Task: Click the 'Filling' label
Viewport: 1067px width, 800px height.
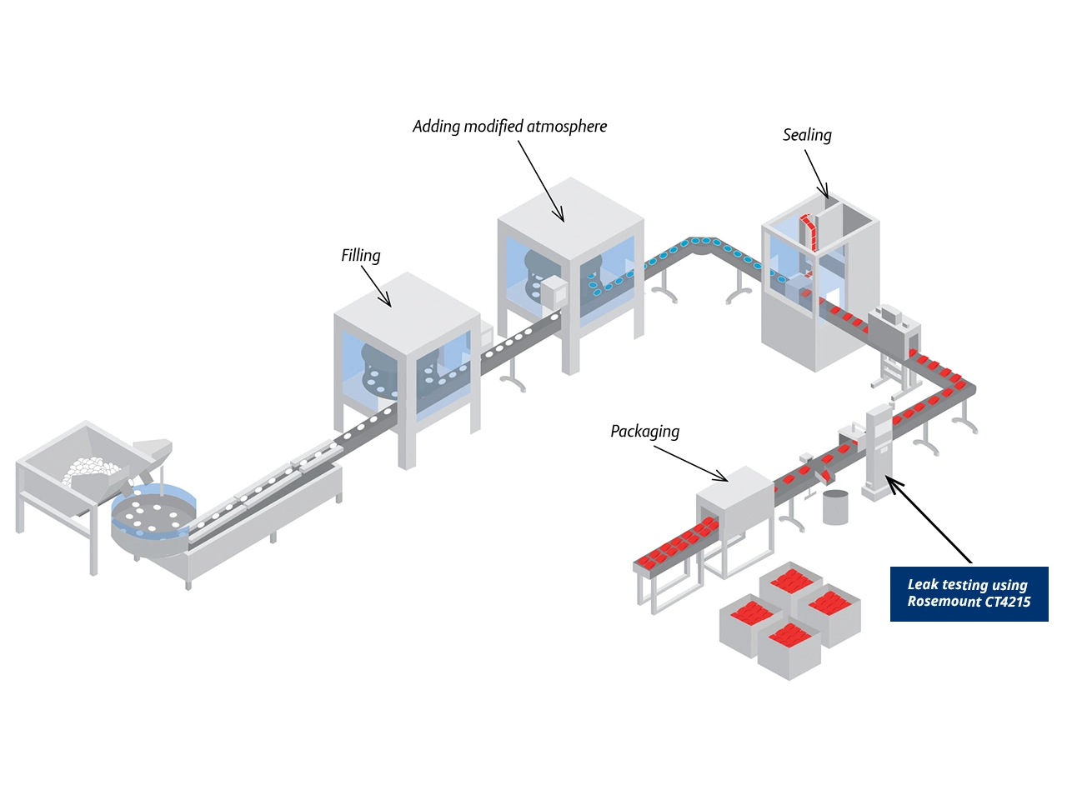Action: tap(360, 256)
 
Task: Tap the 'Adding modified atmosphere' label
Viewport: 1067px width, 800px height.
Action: tap(509, 127)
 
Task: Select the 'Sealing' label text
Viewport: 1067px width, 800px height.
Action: tap(806, 135)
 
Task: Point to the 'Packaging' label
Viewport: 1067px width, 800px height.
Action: tap(644, 432)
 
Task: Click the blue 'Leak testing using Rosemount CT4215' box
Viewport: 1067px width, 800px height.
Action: tap(969, 593)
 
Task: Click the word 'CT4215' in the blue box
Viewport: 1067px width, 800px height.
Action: tap(1004, 602)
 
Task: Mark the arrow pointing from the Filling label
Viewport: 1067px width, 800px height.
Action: tap(376, 287)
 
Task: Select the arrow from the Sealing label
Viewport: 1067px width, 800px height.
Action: tap(816, 175)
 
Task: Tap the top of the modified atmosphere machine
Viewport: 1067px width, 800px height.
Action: tap(570, 218)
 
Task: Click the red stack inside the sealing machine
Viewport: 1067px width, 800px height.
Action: tap(808, 232)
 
